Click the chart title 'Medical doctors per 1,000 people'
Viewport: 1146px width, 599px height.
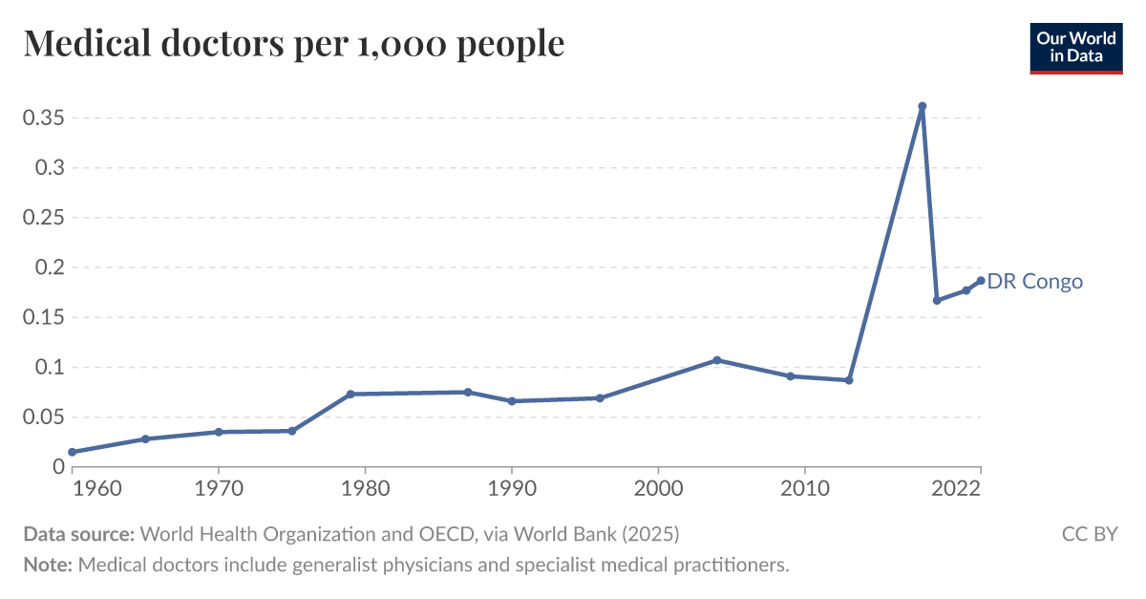(293, 43)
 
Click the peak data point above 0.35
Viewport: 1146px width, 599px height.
(922, 106)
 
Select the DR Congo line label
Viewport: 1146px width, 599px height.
(1035, 281)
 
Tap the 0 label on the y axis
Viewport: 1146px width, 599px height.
(58, 467)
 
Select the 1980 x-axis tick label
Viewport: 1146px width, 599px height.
(365, 488)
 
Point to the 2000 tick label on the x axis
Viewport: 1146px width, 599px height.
(658, 488)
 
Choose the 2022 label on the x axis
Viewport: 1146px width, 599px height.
(957, 488)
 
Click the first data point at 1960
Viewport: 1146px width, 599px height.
(72, 452)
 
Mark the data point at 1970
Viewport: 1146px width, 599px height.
(219, 432)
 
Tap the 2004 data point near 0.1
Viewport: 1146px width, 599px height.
(716, 360)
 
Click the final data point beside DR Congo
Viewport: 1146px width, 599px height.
(980, 281)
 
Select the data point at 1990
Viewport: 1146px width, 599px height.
(512, 401)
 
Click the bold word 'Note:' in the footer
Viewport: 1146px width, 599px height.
(48, 565)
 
